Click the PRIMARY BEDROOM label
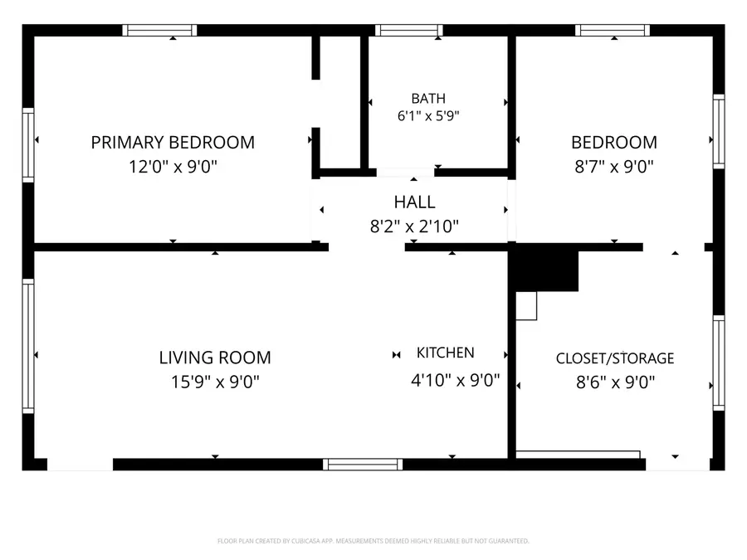[173, 143]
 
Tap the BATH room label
[428, 99]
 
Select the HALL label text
[414, 202]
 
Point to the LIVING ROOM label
[215, 358]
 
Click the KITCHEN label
[446, 353]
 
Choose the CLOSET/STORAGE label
[615, 358]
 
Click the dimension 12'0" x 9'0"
[173, 167]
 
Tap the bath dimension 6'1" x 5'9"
[428, 115]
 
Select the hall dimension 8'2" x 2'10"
[414, 226]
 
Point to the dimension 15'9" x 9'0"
[215, 382]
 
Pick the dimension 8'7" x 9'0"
[614, 167]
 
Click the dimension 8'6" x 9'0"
[616, 382]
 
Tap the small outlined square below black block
[526, 305]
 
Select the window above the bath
[408, 31]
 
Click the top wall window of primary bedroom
[159, 31]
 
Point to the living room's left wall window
[28, 346]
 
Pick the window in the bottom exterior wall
[363, 465]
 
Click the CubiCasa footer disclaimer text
[373, 541]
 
